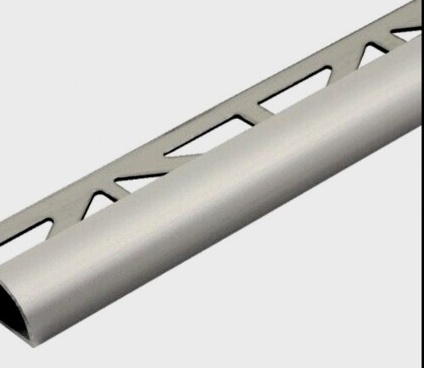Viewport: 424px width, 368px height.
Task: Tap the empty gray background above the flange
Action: pyautogui.click(x=127, y=68)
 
